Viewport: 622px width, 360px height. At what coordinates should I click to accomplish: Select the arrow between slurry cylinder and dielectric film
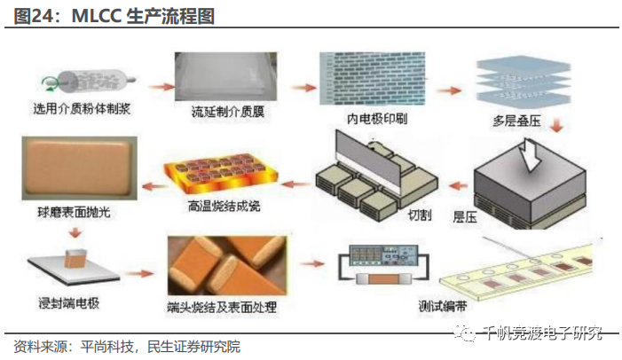[161, 87]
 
